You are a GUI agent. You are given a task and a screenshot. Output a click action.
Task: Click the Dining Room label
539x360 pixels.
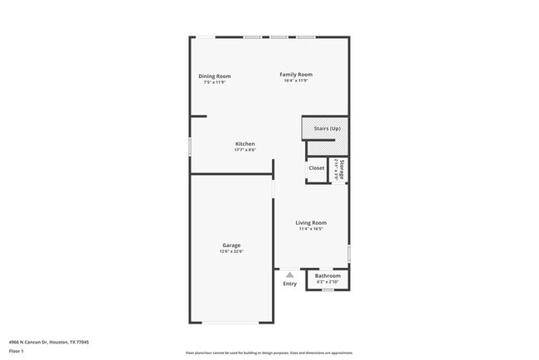pyautogui.click(x=214, y=76)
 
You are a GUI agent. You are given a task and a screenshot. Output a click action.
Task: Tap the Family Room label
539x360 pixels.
pyautogui.click(x=295, y=75)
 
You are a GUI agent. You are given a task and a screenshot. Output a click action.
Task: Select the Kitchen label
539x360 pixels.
pyautogui.click(x=245, y=144)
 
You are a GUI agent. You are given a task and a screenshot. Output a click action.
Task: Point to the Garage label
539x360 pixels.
pyautogui.click(x=231, y=245)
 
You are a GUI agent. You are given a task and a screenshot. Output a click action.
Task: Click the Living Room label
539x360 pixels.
pyautogui.click(x=312, y=222)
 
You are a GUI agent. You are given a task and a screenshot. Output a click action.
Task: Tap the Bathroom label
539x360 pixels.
pyautogui.click(x=328, y=276)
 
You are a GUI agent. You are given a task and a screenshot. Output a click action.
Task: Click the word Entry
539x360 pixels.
pyautogui.click(x=289, y=284)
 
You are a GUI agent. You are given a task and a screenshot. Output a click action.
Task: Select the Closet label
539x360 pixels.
pyautogui.click(x=317, y=168)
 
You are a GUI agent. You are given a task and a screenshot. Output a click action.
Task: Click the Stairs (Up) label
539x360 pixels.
pyautogui.click(x=327, y=129)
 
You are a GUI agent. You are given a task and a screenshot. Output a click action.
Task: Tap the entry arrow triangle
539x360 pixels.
pyautogui.click(x=289, y=275)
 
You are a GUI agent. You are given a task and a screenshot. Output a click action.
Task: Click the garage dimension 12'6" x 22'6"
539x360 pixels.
pyautogui.click(x=231, y=251)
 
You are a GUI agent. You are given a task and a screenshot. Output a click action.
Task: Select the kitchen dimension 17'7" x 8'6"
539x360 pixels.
pyautogui.click(x=245, y=150)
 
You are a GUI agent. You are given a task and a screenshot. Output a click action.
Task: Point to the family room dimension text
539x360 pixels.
pyautogui.click(x=295, y=80)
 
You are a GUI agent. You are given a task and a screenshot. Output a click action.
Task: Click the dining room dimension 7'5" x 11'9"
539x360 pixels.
pyautogui.click(x=214, y=82)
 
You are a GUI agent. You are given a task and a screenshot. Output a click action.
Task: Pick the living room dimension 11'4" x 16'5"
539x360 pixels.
pyautogui.click(x=312, y=228)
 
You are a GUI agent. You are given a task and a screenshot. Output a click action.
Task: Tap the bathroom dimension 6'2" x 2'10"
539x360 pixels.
pyautogui.click(x=328, y=282)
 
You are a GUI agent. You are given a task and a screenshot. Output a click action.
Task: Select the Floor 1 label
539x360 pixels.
pyautogui.click(x=17, y=352)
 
